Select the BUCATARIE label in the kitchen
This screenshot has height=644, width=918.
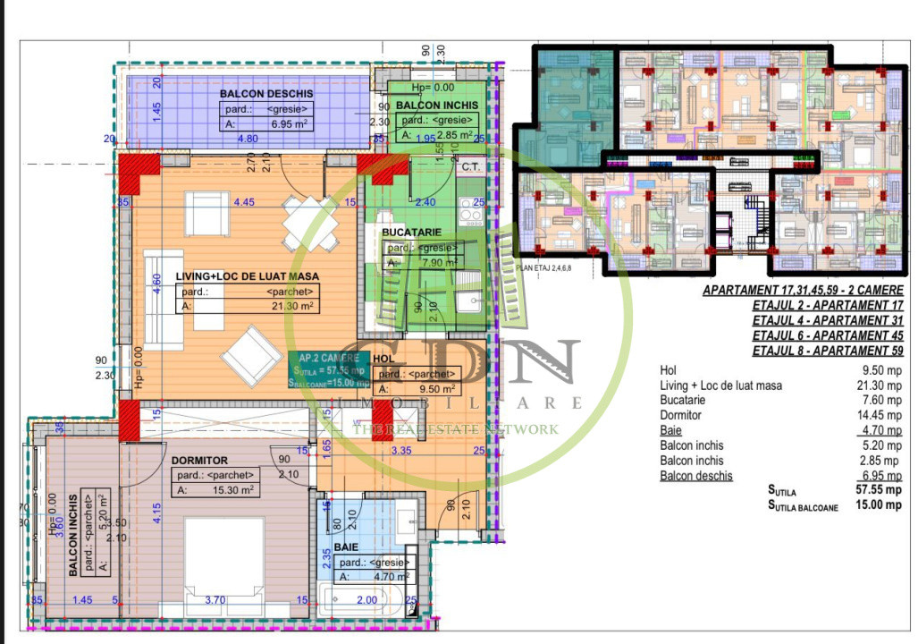click(x=411, y=232)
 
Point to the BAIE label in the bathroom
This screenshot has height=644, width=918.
click(x=347, y=545)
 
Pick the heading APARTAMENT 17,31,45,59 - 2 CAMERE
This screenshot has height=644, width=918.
click(x=802, y=291)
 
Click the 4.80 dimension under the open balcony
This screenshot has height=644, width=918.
click(x=247, y=139)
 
